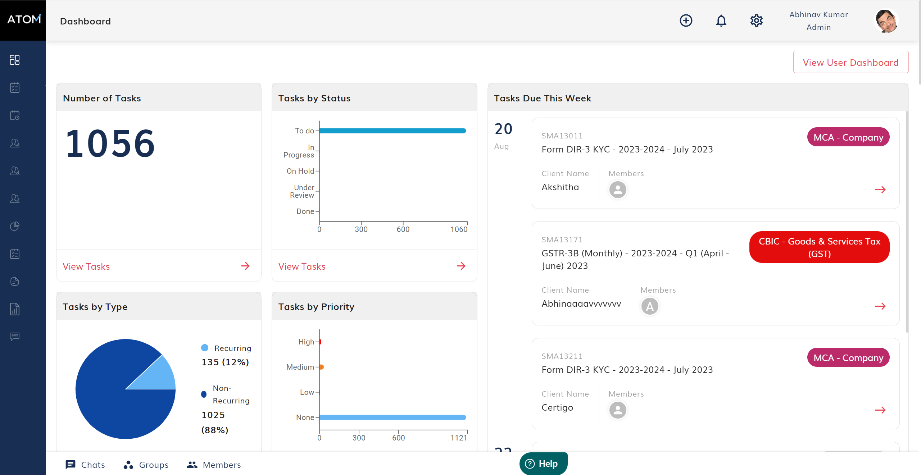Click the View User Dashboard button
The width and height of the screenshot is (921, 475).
850,63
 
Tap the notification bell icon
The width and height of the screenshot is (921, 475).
721,21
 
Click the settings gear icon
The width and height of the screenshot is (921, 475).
756,21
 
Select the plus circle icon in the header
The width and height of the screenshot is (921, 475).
686,21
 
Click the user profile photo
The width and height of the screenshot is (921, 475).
886,21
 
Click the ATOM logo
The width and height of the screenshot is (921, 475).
24,19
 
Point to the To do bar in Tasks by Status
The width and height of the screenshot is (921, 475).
392,131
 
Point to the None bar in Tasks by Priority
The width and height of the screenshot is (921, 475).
392,417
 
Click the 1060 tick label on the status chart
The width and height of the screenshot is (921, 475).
459,229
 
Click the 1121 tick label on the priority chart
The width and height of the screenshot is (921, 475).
459,438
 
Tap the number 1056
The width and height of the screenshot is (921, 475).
110,144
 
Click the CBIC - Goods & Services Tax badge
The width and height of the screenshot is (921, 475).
819,247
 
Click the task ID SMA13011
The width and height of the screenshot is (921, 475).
562,136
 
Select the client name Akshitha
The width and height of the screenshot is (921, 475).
560,187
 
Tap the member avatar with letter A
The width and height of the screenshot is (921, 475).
650,306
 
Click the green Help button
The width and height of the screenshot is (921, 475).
543,464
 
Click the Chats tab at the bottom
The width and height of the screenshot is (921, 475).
86,465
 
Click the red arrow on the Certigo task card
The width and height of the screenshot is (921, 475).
880,410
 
